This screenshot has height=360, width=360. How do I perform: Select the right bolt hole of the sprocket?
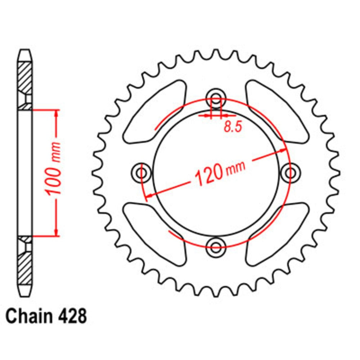290,172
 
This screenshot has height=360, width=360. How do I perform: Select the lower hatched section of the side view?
25,266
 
